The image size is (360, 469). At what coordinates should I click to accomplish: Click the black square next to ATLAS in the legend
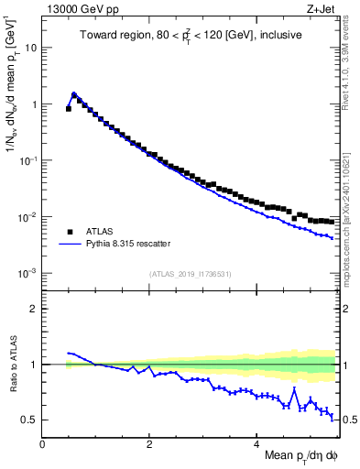[x=69, y=232]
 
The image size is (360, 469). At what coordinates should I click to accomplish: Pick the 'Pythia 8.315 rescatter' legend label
[x=129, y=245]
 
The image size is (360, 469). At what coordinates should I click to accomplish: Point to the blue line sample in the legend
[x=69, y=245]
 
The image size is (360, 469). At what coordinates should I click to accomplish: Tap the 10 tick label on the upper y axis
[x=30, y=48]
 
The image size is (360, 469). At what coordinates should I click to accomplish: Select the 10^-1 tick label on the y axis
[x=27, y=160]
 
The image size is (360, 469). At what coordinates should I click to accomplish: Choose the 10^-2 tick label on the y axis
[x=27, y=217]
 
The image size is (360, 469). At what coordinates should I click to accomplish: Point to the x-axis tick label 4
[x=257, y=442]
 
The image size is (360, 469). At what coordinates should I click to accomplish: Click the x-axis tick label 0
[x=42, y=442]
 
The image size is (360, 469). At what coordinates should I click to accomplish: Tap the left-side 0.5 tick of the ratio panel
[x=30, y=420]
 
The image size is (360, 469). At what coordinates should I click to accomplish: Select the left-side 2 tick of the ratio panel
[x=35, y=309]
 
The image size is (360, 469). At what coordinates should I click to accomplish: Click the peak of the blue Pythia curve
[x=74, y=93]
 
